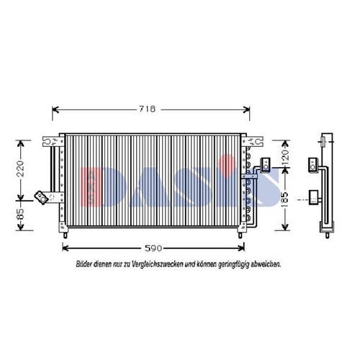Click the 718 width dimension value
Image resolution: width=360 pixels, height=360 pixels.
[x=148, y=109]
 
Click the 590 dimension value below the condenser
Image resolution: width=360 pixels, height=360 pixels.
[x=153, y=248]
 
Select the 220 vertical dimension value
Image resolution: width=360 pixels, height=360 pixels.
[x=21, y=168]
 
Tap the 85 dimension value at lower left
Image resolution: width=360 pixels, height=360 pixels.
[x=21, y=214]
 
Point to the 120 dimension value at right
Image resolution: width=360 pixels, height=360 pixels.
[x=285, y=157]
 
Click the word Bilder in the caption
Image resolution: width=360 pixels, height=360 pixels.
[x=84, y=264]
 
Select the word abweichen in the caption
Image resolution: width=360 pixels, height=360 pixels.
[x=265, y=264]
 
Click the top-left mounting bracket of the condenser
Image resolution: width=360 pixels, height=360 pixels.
[x=53, y=141]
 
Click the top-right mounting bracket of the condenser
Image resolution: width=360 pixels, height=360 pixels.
[x=253, y=141]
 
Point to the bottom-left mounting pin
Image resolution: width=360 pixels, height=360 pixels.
[x=65, y=235]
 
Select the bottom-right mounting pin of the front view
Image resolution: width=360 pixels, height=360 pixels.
[x=240, y=235]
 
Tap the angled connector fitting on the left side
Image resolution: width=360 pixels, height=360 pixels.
[x=42, y=197]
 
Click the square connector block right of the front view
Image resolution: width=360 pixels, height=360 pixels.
[x=266, y=165]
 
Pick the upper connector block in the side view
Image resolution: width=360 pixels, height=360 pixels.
[x=313, y=165]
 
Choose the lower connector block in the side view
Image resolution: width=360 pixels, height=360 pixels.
[x=313, y=197]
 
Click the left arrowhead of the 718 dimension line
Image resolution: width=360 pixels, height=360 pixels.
[x=55, y=110]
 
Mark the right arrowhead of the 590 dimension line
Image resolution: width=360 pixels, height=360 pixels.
[x=241, y=248]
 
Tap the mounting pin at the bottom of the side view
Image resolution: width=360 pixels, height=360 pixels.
[x=327, y=235]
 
